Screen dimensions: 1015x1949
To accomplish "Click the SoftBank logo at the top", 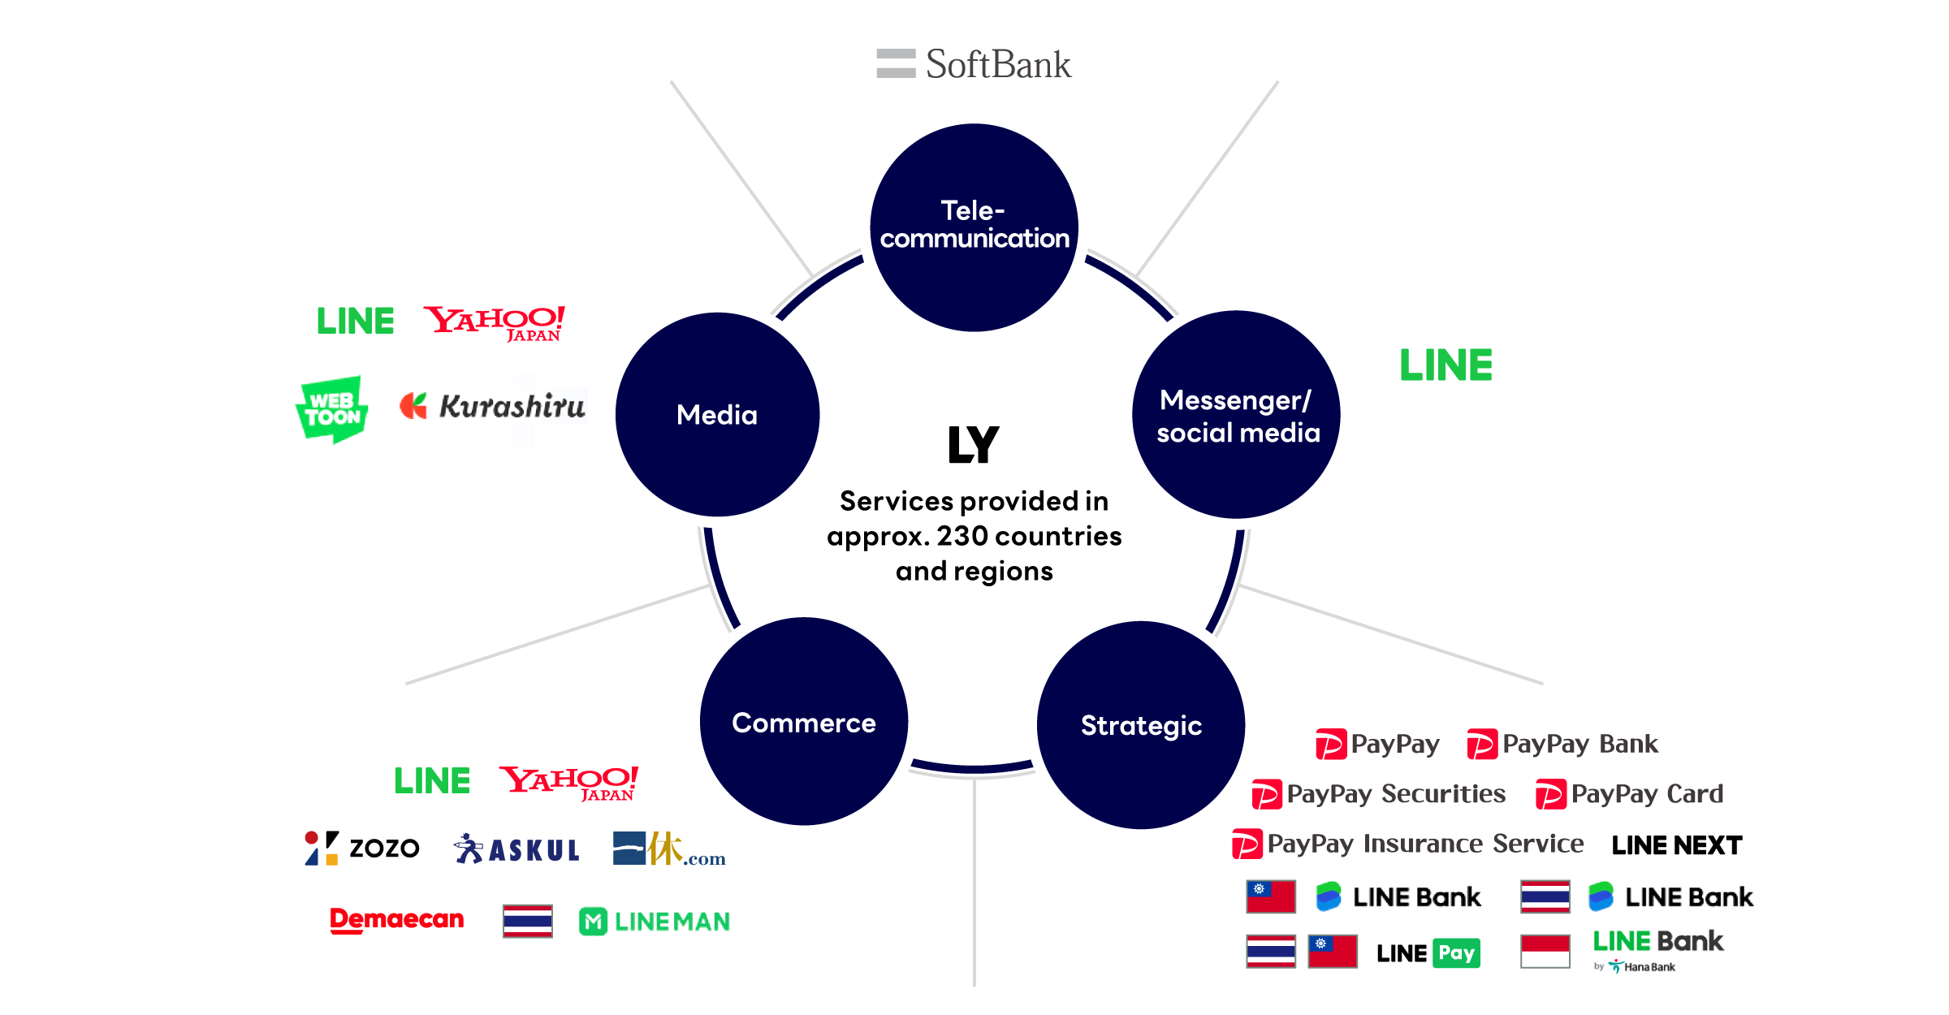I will click(x=974, y=64).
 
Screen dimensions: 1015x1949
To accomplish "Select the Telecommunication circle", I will click(x=974, y=227).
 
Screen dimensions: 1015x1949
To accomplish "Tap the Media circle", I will click(x=717, y=414).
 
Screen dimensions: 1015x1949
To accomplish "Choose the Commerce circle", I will click(x=803, y=722).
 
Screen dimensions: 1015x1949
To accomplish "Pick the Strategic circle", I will click(x=1141, y=724).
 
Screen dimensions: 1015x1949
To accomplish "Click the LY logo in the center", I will click(x=973, y=444).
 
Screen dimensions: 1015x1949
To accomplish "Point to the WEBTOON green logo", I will click(x=331, y=409).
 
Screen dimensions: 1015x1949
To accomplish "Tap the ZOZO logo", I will click(x=362, y=848).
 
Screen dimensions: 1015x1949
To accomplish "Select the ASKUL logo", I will click(x=516, y=849).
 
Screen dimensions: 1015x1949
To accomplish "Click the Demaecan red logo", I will click(x=396, y=919).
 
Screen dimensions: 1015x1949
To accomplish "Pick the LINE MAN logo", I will click(x=655, y=922).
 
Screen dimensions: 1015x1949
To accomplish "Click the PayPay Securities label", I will click(x=1379, y=793).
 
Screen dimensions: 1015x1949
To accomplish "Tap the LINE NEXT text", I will click(x=1676, y=845).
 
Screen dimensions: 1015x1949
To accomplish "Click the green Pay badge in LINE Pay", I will click(x=1457, y=952).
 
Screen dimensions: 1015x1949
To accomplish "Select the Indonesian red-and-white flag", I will click(x=1545, y=951).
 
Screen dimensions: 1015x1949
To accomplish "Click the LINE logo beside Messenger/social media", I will click(x=1446, y=365).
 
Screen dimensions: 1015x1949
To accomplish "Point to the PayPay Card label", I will click(x=1630, y=793).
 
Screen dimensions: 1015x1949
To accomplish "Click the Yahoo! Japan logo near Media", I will click(x=494, y=322).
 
